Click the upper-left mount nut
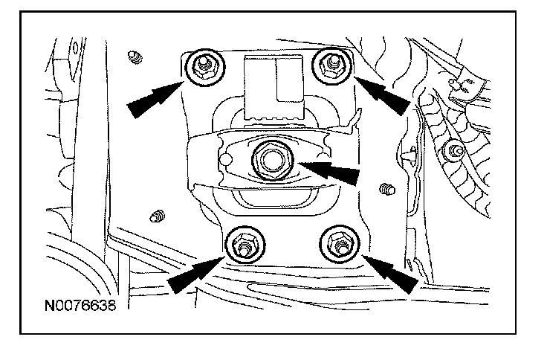(x=201, y=67)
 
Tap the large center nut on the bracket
(x=266, y=158)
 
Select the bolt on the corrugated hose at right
(x=451, y=152)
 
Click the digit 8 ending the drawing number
(x=112, y=305)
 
